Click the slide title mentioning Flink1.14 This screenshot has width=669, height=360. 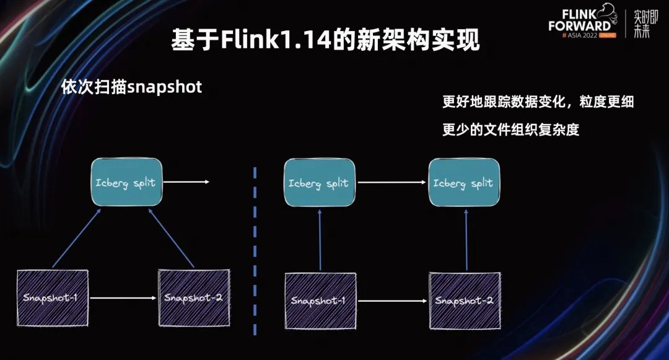point(325,42)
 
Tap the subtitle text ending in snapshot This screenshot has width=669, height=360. point(131,87)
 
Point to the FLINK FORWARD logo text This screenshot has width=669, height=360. point(579,20)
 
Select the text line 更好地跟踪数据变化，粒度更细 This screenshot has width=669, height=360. point(538,102)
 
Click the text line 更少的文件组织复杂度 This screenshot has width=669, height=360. point(510,130)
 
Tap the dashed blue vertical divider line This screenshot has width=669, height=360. point(255,248)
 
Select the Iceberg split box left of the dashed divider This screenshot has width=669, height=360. point(126,182)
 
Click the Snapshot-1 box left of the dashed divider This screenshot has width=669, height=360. point(53,297)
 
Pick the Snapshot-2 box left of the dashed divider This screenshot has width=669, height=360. point(193,297)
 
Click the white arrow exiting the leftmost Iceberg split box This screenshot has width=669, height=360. point(186,182)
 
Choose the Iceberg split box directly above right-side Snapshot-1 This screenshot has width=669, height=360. point(319,182)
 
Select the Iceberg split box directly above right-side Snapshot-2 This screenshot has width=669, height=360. point(463,182)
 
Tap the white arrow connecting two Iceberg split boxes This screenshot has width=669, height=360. point(392,183)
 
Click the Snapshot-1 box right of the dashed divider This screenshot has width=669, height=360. point(320,301)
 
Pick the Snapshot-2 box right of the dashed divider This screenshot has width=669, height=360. point(464,301)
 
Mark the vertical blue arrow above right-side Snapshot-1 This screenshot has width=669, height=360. point(320,239)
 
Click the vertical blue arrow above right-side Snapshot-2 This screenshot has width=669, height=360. point(465,239)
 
